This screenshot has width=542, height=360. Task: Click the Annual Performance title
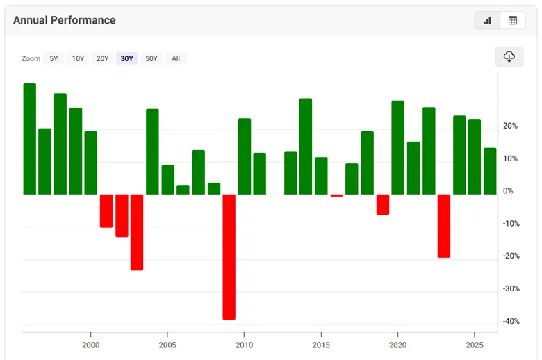pyautogui.click(x=64, y=20)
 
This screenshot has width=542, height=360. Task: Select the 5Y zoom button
pyautogui.click(x=54, y=58)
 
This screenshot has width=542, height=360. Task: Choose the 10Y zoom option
pyautogui.click(x=78, y=58)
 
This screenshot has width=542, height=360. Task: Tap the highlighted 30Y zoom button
pyautogui.click(x=126, y=58)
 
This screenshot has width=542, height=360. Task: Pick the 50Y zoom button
pyautogui.click(x=151, y=58)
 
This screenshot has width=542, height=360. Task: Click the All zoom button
pyautogui.click(x=176, y=58)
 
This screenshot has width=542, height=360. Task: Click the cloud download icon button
pyautogui.click(x=509, y=57)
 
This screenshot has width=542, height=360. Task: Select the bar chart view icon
pyautogui.click(x=487, y=20)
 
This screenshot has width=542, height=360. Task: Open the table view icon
pyautogui.click(x=513, y=20)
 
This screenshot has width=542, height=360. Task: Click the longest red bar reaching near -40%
pyautogui.click(x=229, y=256)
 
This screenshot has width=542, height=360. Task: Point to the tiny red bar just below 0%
pyautogui.click(x=336, y=195)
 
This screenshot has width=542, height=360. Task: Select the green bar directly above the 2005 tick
pyautogui.click(x=167, y=179)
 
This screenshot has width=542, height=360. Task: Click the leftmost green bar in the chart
pyautogui.click(x=30, y=139)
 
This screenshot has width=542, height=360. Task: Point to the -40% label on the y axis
pyautogui.click(x=511, y=321)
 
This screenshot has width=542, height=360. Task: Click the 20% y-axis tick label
pyautogui.click(x=511, y=126)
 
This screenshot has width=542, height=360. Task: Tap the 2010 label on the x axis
pyautogui.click(x=244, y=345)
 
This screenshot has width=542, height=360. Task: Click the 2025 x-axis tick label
pyautogui.click(x=475, y=345)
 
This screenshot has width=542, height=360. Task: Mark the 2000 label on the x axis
pyautogui.click(x=90, y=345)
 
